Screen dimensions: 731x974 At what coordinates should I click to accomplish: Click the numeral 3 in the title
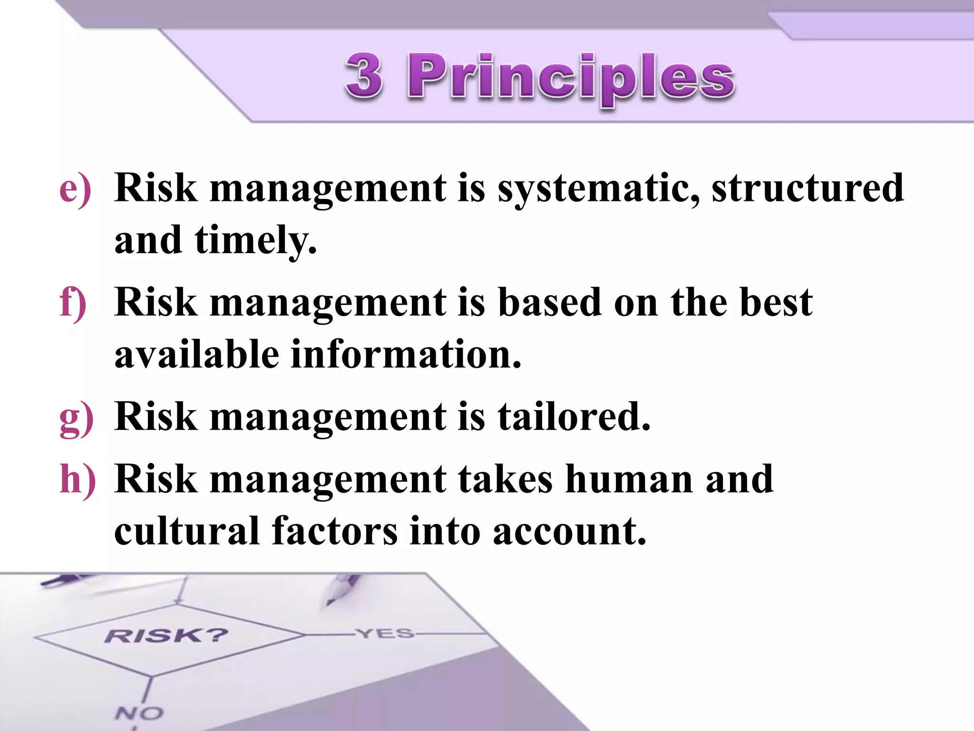pyautogui.click(x=364, y=76)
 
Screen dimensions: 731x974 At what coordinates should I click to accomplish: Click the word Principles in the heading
pyautogui.click(x=571, y=79)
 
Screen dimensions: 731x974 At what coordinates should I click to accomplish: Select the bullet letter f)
pyautogui.click(x=73, y=304)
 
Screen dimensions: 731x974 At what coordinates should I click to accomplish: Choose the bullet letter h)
pyautogui.click(x=78, y=480)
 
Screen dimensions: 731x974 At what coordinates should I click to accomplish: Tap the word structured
pyautogui.click(x=808, y=188)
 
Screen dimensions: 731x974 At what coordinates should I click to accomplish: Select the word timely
pyautogui.click(x=255, y=241)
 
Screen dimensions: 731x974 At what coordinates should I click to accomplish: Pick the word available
pyautogui.click(x=196, y=355)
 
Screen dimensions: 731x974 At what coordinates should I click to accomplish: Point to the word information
pyautogui.click(x=406, y=355)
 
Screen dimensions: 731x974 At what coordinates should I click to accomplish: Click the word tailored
pyautogui.click(x=574, y=417)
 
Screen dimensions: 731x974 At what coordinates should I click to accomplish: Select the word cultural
pyautogui.click(x=186, y=531)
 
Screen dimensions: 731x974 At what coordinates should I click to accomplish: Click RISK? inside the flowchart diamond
pyautogui.click(x=166, y=635)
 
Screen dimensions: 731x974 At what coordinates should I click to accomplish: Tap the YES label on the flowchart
pyautogui.click(x=385, y=633)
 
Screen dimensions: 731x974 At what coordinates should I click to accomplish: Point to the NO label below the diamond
pyautogui.click(x=139, y=713)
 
